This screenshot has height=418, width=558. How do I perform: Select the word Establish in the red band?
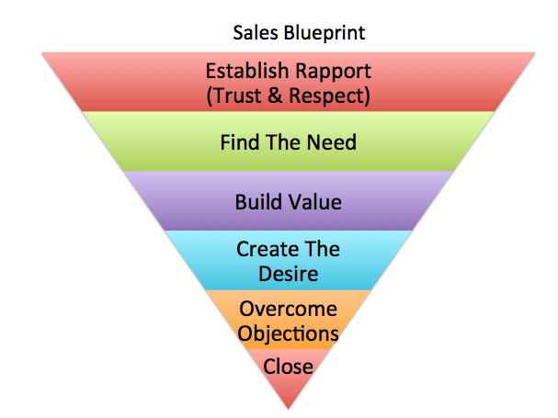tap(244, 71)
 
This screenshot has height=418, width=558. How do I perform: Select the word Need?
tap(332, 143)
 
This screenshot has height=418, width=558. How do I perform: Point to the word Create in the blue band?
tap(263, 249)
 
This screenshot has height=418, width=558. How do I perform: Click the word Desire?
tap(288, 273)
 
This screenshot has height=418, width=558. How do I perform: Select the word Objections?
tap(288, 333)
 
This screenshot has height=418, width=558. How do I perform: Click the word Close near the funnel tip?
tap(288, 367)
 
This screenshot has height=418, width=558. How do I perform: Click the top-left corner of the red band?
tap(42, 53)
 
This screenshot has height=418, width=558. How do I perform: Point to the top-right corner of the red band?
tap(536, 53)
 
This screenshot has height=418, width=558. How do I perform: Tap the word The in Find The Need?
tap(283, 143)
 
